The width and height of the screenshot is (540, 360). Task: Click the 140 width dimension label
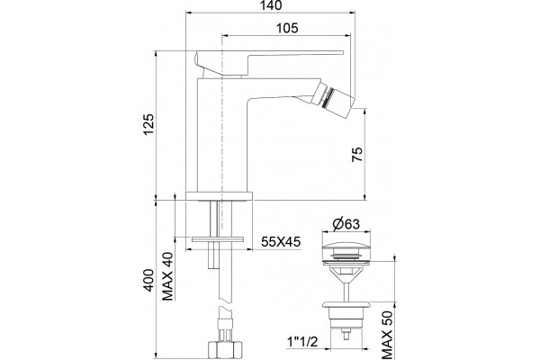[271, 5]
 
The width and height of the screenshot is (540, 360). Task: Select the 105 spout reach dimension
[287, 28]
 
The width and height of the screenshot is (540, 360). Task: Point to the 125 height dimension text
[148, 124]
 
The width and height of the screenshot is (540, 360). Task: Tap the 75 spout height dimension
[357, 154]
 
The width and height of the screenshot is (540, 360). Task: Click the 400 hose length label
[148, 280]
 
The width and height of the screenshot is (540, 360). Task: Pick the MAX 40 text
[167, 276]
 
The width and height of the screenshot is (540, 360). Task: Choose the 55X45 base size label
[281, 241]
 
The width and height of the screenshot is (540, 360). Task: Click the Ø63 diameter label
[346, 224]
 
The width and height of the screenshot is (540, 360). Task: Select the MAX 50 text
[387, 335]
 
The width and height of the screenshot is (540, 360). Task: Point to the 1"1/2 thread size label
[302, 342]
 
